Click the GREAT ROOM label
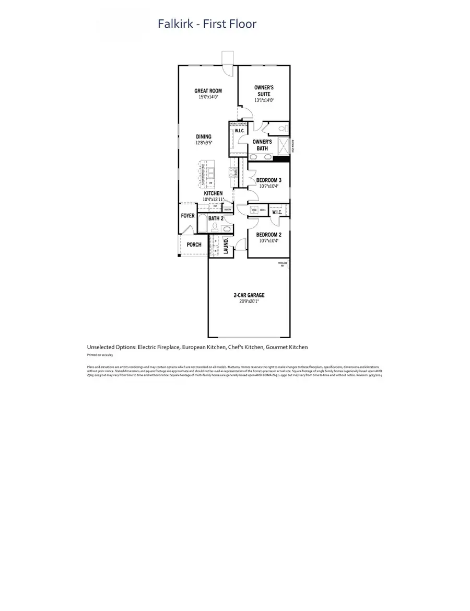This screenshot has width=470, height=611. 208,91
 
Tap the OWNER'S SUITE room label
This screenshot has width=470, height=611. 264,91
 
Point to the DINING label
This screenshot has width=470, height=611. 204,137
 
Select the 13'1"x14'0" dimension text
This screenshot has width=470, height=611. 264,100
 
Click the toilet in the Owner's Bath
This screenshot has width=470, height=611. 281,128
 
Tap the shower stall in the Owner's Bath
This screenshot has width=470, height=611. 283,146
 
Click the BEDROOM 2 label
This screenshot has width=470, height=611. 269,235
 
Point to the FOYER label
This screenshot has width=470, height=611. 187,216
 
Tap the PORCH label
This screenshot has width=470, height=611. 194,245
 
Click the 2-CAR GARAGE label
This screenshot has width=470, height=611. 249,295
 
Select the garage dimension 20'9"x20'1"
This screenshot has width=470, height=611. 249,301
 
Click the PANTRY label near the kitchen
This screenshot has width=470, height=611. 228,210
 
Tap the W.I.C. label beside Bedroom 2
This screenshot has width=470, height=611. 277,212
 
